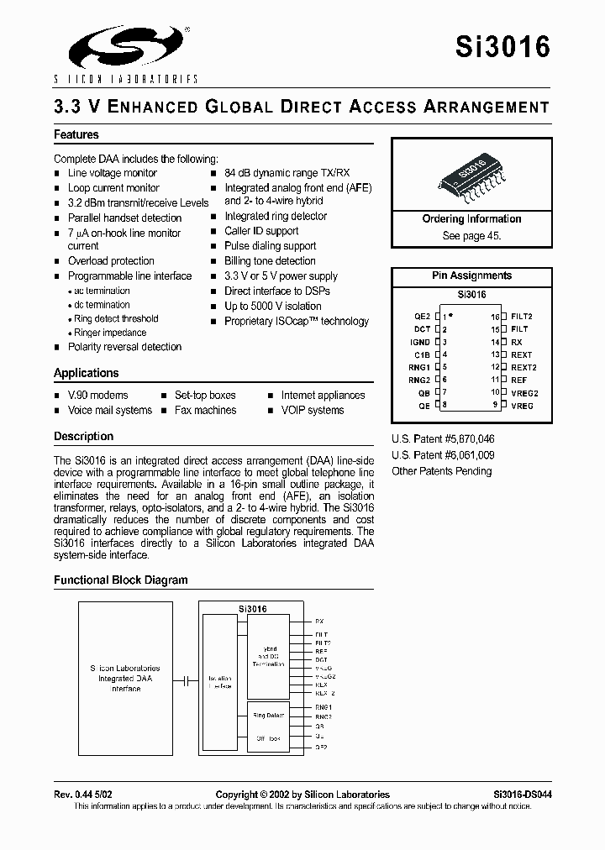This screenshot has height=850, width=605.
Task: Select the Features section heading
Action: [76, 134]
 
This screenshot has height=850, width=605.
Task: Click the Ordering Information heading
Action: [471, 219]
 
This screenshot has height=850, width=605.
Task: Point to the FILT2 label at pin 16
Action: [521, 317]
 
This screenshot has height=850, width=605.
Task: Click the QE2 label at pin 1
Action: [422, 317]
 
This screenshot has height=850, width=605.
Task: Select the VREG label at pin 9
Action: [521, 406]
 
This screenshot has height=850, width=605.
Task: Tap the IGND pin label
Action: [420, 342]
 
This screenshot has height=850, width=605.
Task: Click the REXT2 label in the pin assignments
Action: [523, 367]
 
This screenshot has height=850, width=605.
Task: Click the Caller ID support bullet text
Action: [261, 231]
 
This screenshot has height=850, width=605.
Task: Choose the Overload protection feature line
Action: [111, 261]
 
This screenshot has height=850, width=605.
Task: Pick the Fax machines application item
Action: [205, 411]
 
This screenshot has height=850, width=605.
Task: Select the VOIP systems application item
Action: [313, 411]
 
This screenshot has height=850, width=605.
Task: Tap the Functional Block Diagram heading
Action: [121, 580]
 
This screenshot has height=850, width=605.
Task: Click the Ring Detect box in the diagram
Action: [268, 716]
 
